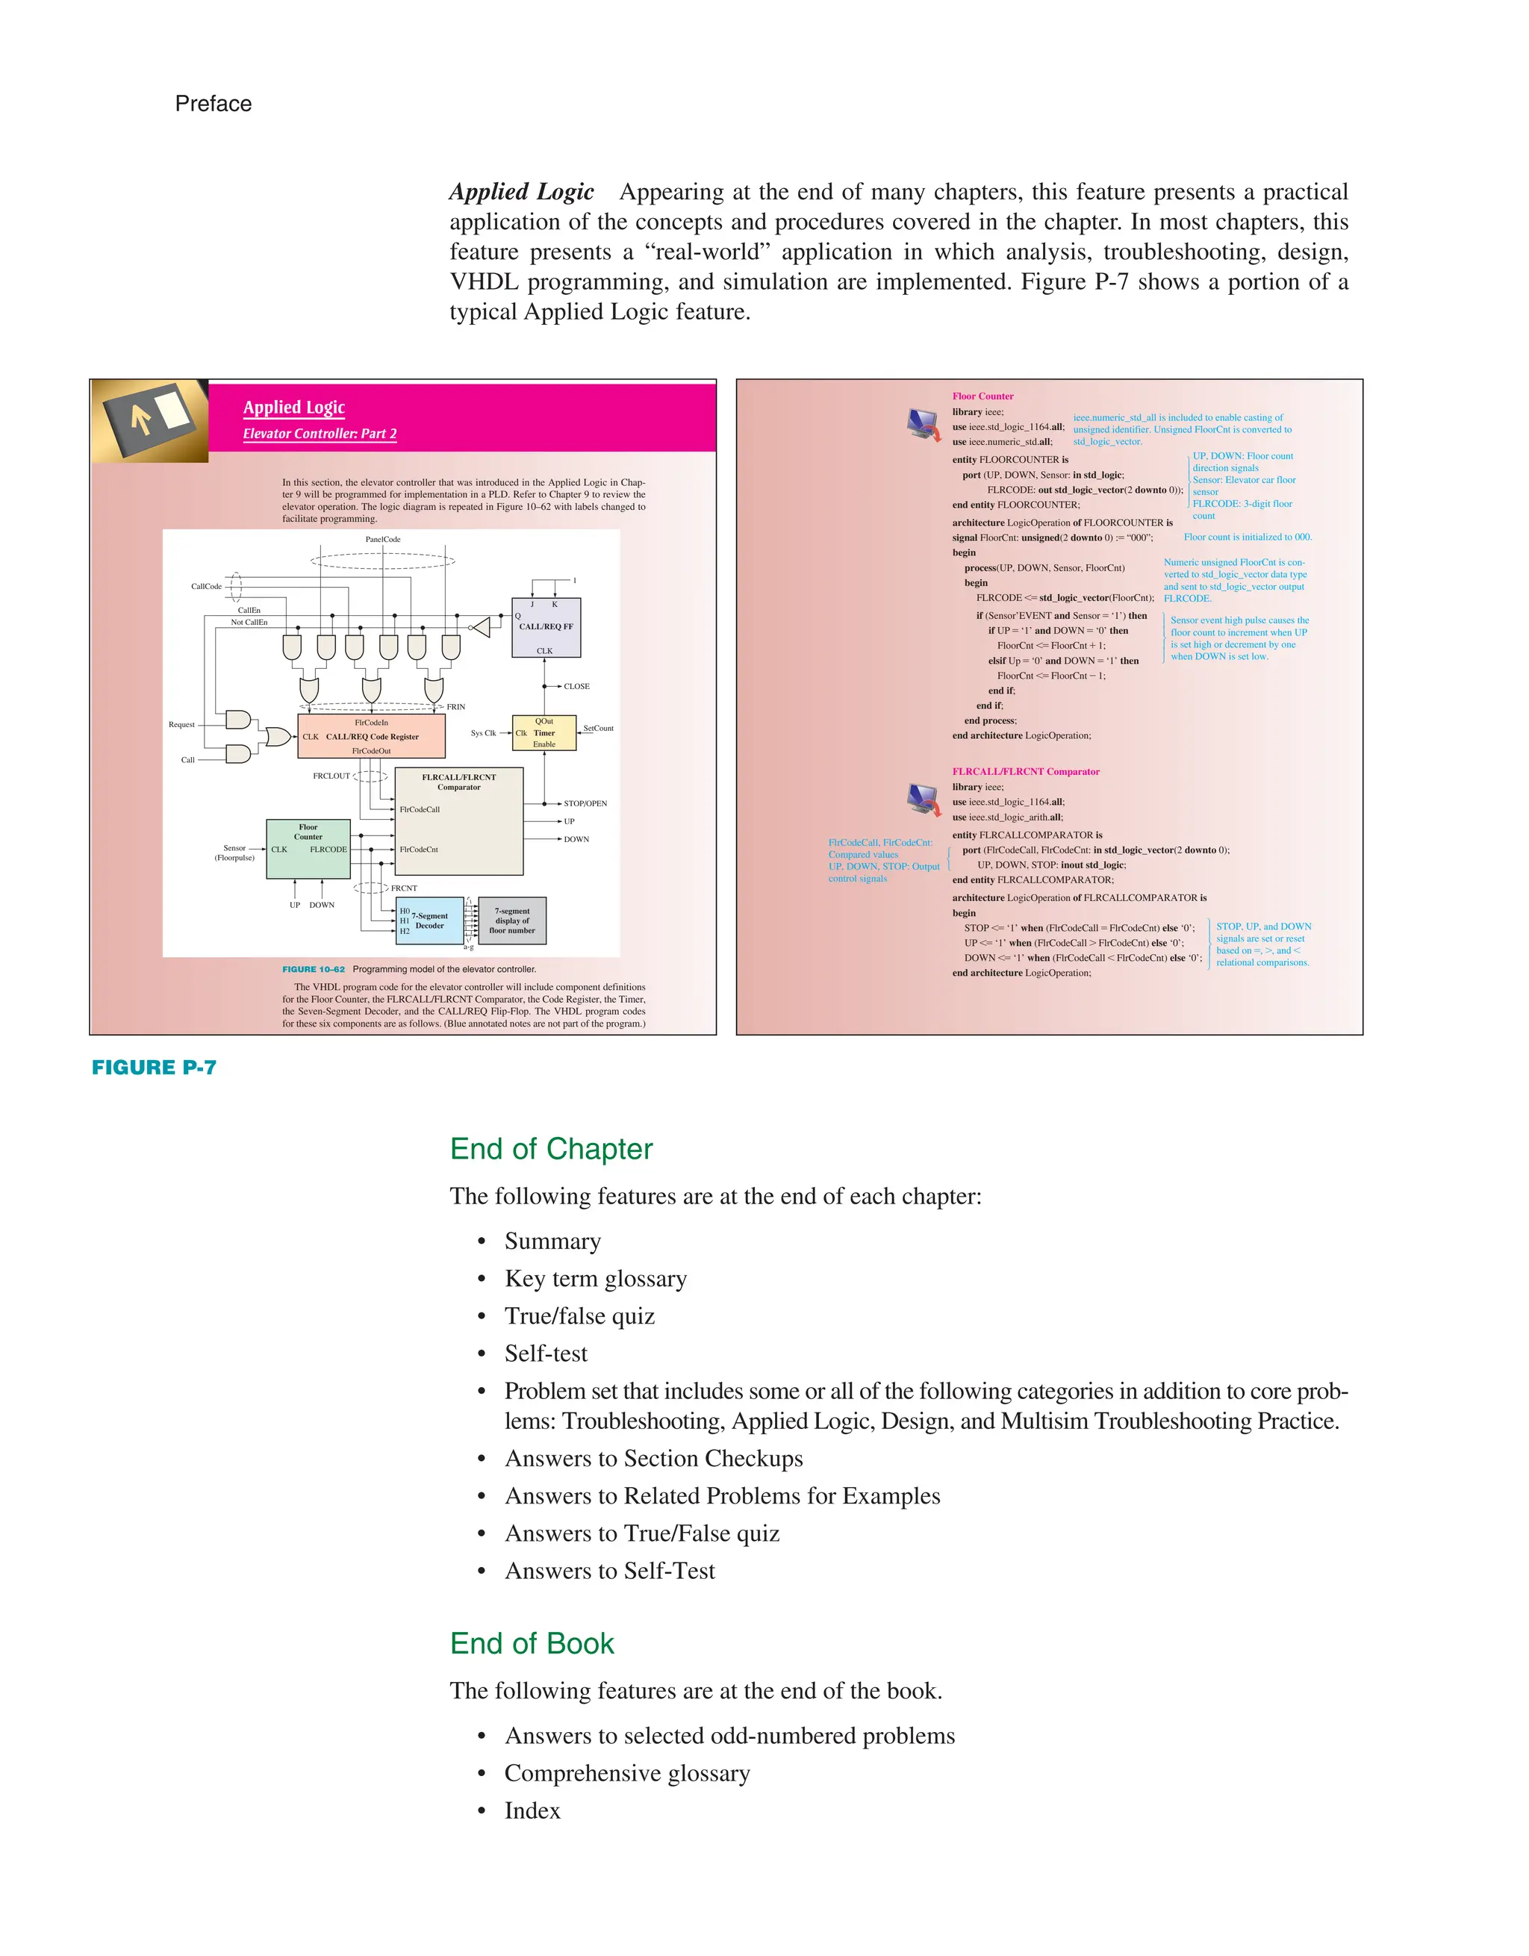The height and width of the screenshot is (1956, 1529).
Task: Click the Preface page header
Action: pos(214,104)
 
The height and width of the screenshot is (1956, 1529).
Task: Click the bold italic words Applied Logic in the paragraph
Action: pos(521,192)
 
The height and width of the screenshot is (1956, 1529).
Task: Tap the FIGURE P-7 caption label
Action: pos(154,1067)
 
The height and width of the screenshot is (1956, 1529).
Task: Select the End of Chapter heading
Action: pos(551,1148)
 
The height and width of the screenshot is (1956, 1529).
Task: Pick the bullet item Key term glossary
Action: pos(596,1278)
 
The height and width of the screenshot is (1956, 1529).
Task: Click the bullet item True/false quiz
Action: pos(579,1315)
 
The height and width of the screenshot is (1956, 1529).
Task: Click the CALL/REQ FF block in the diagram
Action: pos(546,628)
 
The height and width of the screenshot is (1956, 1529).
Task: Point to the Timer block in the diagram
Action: pos(544,732)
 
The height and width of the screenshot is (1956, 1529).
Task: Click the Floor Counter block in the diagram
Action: pos(308,848)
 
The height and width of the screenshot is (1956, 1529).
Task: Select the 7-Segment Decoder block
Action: pos(429,921)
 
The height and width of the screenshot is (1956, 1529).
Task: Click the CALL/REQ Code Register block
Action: pos(371,736)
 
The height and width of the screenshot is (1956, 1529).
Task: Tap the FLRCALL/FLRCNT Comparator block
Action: pos(458,820)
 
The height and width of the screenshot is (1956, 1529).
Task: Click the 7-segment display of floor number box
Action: pos(512,921)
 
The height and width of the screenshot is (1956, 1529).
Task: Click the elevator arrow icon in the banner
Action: pos(149,420)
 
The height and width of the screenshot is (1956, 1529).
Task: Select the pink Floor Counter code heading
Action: pos(983,396)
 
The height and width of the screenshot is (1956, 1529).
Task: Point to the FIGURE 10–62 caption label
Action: pos(313,969)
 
